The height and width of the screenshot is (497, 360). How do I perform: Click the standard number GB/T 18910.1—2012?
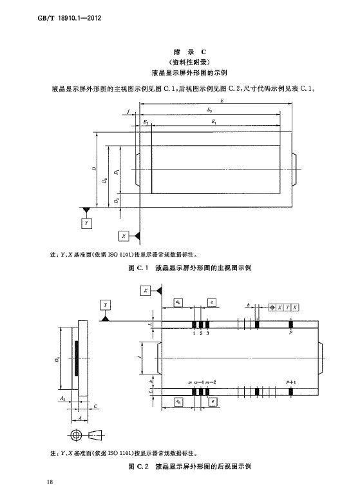coord(70,18)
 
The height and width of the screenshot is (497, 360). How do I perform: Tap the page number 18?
coord(50,482)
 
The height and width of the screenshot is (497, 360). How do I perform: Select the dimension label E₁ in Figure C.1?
coord(214,121)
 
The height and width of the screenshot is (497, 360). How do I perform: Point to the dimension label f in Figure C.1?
coord(128,112)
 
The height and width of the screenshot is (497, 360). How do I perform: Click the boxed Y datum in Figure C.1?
coord(86,223)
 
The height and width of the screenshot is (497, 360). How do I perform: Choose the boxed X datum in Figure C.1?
coord(124,236)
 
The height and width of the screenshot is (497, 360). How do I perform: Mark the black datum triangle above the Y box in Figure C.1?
coord(86,210)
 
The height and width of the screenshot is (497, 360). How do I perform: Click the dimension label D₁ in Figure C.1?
coord(117,171)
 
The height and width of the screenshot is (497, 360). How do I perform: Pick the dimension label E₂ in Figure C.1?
coord(146,121)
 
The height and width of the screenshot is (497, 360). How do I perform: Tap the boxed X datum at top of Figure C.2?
coord(146,290)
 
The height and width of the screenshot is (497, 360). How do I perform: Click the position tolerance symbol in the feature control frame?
coord(272,307)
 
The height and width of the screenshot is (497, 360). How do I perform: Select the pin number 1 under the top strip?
coord(194,333)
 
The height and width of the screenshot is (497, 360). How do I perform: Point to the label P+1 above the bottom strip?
coord(290,382)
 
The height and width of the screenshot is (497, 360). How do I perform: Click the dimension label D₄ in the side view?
coord(57,360)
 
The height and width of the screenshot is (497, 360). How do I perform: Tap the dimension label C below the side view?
coord(95,406)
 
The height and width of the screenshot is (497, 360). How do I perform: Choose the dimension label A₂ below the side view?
coord(62,398)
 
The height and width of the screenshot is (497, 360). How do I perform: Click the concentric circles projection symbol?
coord(76,434)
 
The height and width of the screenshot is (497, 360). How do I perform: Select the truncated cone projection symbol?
coord(95,434)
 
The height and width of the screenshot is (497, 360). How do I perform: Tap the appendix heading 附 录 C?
coord(189,52)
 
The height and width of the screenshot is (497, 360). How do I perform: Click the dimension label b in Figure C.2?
coord(248,305)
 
